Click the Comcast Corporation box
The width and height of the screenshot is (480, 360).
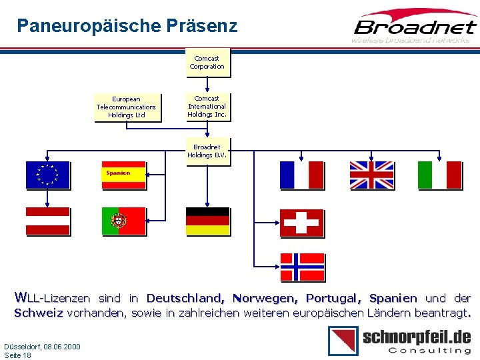click(207, 63)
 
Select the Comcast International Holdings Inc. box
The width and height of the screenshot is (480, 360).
click(207, 107)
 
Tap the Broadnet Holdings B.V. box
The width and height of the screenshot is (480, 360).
click(207, 151)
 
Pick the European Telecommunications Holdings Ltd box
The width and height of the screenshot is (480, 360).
click(126, 107)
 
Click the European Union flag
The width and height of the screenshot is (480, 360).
click(47, 175)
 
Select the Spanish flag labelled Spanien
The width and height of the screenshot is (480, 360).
click(123, 175)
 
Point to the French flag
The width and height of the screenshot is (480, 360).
click(301, 175)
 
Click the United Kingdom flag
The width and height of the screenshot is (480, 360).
click(371, 175)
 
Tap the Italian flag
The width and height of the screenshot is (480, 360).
click(439, 175)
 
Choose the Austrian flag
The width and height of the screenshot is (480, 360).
click(47, 221)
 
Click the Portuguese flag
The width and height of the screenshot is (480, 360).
click(123, 221)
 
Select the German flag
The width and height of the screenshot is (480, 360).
click(207, 221)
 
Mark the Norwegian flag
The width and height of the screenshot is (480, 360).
click(302, 266)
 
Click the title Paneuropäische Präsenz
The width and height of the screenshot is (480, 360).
click(127, 26)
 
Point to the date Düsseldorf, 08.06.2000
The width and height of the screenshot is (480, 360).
click(42, 347)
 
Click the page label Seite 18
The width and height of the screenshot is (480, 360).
click(18, 355)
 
